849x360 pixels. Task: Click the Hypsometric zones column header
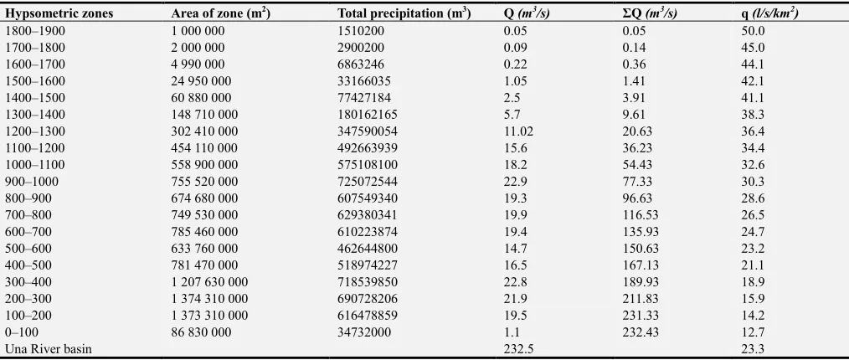tap(59, 14)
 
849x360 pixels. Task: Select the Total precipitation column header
tap(404, 13)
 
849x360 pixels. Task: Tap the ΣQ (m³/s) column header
tap(650, 13)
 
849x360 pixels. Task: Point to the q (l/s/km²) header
tap(769, 13)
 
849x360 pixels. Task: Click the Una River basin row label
tap(49, 349)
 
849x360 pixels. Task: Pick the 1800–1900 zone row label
tap(34, 31)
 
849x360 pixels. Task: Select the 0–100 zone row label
tap(22, 332)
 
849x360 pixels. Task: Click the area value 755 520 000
tap(204, 182)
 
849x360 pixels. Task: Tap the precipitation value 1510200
tap(361, 31)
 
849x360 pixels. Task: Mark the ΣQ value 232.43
tap(641, 332)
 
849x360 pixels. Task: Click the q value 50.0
tap(753, 31)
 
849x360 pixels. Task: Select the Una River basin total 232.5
tap(518, 349)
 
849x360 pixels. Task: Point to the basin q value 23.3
tap(753, 349)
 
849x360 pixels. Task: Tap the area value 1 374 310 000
tap(209, 298)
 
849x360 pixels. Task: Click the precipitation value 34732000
tap(364, 332)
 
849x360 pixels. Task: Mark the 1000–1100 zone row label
tap(34, 165)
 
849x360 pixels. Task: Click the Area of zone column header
tap(220, 13)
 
